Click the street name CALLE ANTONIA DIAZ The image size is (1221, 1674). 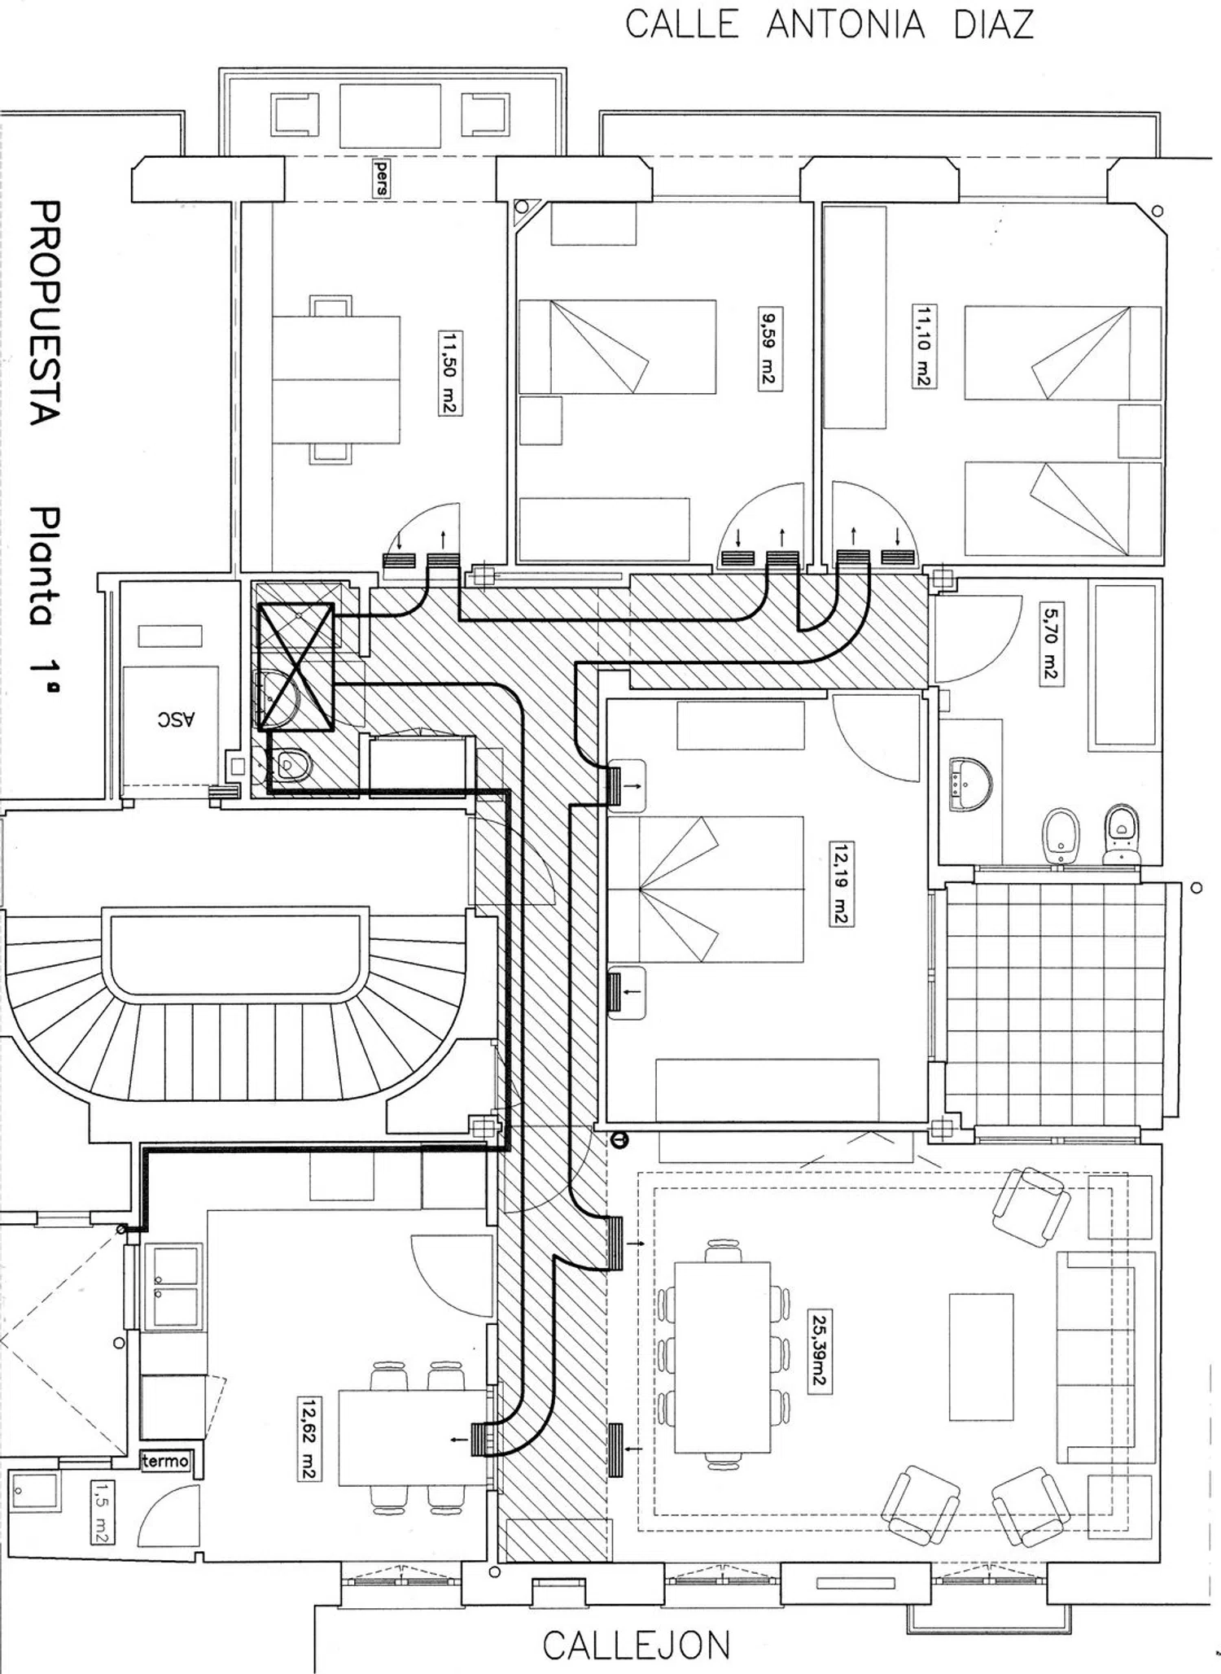829,24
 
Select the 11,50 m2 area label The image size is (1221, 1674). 449,372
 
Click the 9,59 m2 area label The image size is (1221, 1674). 769,348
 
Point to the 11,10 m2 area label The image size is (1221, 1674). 923,346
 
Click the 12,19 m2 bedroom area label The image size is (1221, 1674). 841,885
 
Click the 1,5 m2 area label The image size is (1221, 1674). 102,1512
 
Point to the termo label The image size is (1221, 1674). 166,1461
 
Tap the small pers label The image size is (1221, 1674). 380,177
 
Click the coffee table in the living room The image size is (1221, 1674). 981,1357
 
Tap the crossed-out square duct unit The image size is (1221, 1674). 296,666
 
